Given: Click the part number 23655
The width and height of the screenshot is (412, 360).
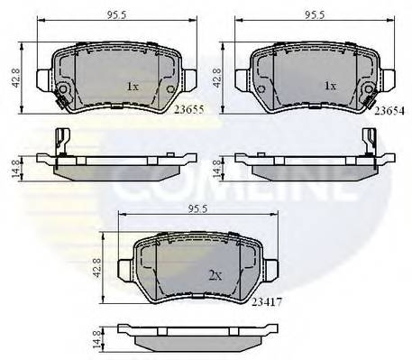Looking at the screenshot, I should click(188, 109).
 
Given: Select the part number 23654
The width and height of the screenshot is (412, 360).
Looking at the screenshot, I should click(389, 109).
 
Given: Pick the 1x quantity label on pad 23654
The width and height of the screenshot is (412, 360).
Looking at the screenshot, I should click(330, 87).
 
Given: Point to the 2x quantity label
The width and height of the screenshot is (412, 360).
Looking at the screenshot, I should click(214, 275).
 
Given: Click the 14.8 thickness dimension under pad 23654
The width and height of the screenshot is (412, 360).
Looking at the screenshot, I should click(216, 165).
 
